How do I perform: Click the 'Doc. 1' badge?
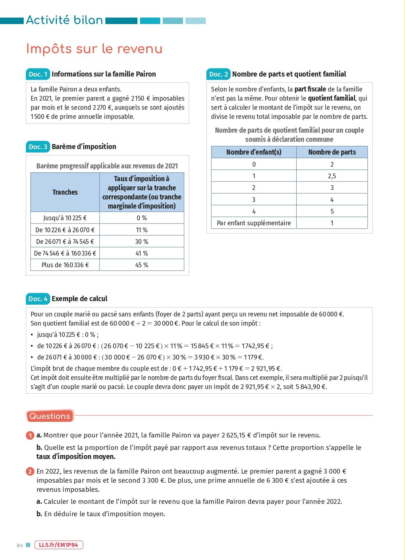tap(38, 74)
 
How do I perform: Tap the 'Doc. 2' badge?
tap(218, 74)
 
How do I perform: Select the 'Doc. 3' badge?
tap(38, 147)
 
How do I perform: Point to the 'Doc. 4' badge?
tap(38, 299)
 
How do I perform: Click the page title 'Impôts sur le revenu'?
tap(94, 49)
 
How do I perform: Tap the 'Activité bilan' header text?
tap(65, 20)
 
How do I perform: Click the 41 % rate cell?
tap(141, 253)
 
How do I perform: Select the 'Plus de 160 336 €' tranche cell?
tap(65, 265)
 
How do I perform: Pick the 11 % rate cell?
tap(141, 230)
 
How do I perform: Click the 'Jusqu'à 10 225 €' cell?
tap(65, 218)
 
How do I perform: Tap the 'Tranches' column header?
tap(65, 192)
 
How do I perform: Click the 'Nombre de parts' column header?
tap(332, 152)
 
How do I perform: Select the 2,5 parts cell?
tap(332, 176)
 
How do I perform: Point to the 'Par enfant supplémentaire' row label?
tap(254, 223)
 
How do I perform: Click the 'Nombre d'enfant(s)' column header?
tap(254, 152)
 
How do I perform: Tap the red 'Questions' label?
tap(50, 416)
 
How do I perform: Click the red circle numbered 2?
tap(30, 472)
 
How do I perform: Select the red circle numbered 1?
tap(30, 435)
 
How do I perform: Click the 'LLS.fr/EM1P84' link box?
tap(59, 545)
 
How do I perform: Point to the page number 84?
tap(20, 545)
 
